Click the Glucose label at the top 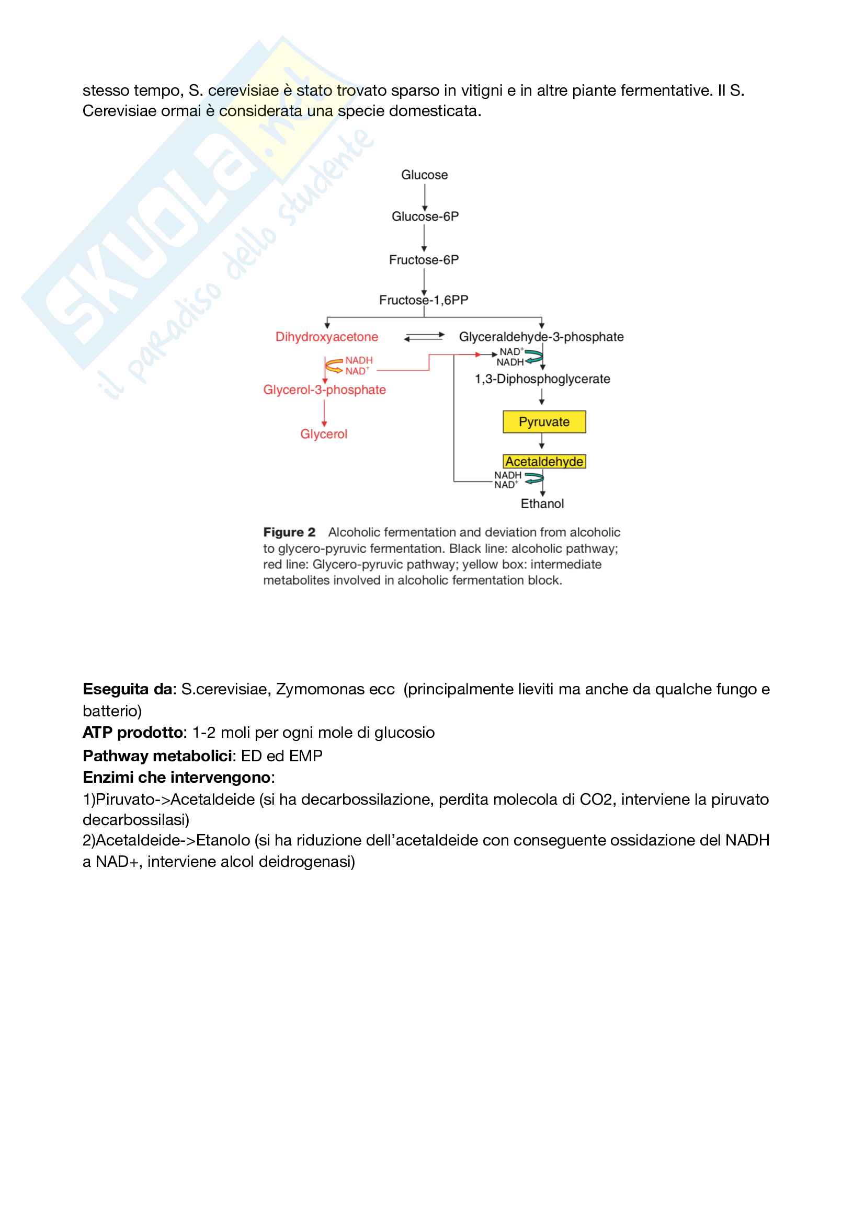(x=424, y=175)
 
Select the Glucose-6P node (x=425, y=216)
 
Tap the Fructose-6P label (x=424, y=260)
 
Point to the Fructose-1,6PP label (x=424, y=300)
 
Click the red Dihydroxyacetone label (x=326, y=337)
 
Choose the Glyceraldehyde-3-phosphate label (x=541, y=337)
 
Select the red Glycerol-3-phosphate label (x=324, y=390)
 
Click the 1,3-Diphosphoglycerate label (x=542, y=379)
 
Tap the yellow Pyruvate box (x=544, y=422)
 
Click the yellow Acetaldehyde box (x=544, y=461)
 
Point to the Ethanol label (x=542, y=504)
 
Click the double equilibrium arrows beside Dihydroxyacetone (x=424, y=337)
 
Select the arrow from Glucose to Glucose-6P (x=425, y=197)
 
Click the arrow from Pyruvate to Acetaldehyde (x=542, y=442)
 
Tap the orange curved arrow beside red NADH (x=334, y=366)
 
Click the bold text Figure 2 (x=289, y=532)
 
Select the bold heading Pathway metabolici (x=157, y=756)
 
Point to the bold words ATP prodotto (x=133, y=733)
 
